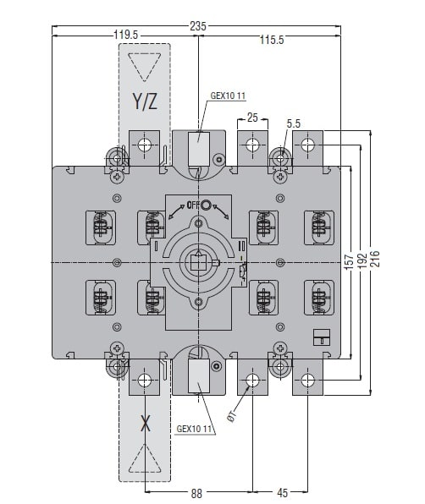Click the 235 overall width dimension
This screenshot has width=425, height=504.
(197, 26)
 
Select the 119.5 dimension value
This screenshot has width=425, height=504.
(126, 35)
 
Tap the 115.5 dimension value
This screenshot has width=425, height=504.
(272, 40)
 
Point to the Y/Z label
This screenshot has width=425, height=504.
(145, 101)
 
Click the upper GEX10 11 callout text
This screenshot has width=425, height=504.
(228, 96)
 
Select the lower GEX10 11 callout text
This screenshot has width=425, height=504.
(195, 429)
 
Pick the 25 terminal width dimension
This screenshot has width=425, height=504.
(252, 118)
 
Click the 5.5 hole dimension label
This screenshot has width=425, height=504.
(294, 123)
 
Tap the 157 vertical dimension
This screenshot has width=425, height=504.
(349, 261)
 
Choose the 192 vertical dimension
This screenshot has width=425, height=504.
(362, 261)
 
